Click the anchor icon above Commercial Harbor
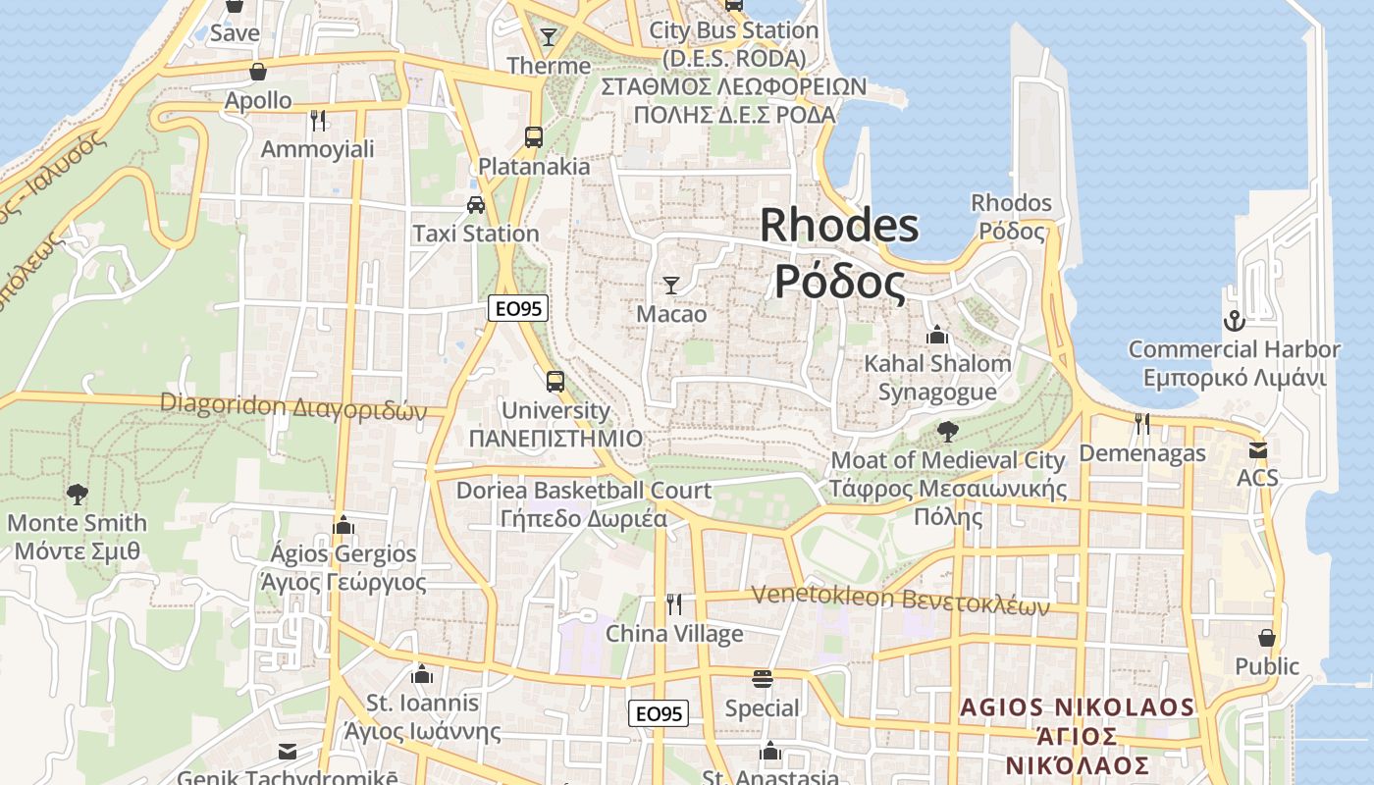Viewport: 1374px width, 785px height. pos(1234,321)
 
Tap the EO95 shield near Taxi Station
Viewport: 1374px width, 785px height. pos(517,308)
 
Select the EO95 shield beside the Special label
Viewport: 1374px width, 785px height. pos(659,713)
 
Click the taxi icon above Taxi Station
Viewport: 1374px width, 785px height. pos(476,205)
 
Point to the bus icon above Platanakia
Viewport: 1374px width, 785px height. pos(534,137)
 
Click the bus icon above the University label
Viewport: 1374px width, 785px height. pos(555,381)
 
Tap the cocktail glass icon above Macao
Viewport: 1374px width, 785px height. pos(671,286)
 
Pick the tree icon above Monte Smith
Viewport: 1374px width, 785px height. pos(77,495)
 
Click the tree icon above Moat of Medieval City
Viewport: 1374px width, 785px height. pos(947,431)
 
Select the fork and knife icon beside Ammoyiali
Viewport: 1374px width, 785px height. pos(318,121)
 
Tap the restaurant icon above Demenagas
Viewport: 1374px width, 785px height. pos(1141,424)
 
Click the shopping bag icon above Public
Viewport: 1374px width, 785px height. pos(1267,638)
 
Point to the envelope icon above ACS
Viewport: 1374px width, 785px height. pos(1257,450)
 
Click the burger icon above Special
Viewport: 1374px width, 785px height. pos(762,679)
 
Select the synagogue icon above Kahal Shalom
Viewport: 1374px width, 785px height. pos(936,335)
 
